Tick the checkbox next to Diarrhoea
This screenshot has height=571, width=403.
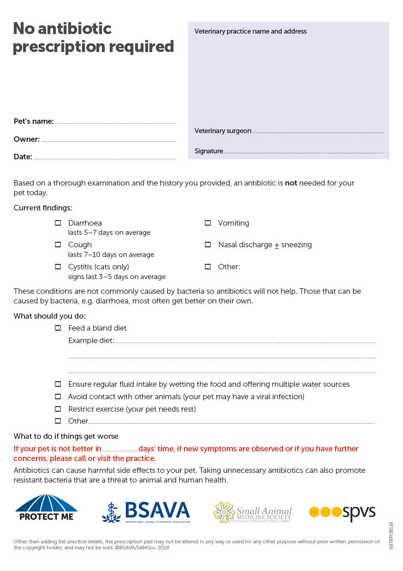pyautogui.click(x=58, y=223)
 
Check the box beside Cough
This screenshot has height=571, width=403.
pyautogui.click(x=58, y=245)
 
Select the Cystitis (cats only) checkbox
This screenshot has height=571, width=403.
pyautogui.click(x=58, y=267)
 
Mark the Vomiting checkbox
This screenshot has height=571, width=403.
pyautogui.click(x=208, y=223)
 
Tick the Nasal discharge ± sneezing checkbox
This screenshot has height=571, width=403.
pyautogui.click(x=208, y=245)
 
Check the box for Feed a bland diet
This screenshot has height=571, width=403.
pyautogui.click(x=58, y=328)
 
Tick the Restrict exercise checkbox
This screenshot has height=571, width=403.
pyautogui.click(x=58, y=409)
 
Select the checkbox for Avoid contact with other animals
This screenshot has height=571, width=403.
pyautogui.click(x=58, y=396)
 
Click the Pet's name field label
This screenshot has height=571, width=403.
pyautogui.click(x=34, y=122)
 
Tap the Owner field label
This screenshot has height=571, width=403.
pyautogui.click(x=27, y=139)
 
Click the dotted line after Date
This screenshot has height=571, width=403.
pyautogui.click(x=104, y=158)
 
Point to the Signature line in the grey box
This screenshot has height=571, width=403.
pyautogui.click(x=303, y=152)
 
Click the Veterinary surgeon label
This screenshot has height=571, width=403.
pyautogui.click(x=223, y=131)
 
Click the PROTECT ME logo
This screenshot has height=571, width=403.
pyautogui.click(x=46, y=507)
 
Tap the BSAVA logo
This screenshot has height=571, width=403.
pyautogui.click(x=146, y=512)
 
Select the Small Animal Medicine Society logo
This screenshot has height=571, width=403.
pyautogui.click(x=252, y=512)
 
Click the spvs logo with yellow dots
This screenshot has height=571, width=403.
pyautogui.click(x=342, y=512)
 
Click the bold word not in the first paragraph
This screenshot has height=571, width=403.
pyautogui.click(x=291, y=183)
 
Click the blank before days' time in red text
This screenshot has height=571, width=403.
pyautogui.click(x=120, y=449)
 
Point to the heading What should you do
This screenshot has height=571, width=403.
pyautogui.click(x=49, y=316)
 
